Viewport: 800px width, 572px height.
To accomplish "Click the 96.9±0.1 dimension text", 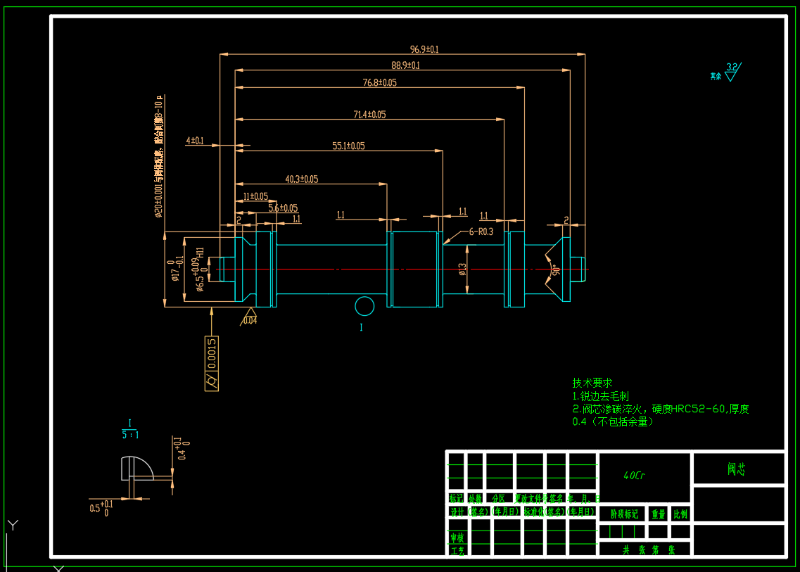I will point(424,49).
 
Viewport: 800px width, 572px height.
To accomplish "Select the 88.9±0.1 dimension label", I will point(405,65).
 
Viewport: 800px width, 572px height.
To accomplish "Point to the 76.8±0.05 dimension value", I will point(379,82).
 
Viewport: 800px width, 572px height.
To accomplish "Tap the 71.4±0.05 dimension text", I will point(369,114).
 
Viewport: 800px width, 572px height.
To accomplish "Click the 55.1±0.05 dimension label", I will point(348,146).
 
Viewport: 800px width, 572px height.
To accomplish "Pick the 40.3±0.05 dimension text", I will point(301,179).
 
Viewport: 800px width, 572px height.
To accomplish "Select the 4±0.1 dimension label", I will point(195,141).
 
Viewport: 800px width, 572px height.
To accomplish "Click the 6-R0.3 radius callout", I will point(481,231).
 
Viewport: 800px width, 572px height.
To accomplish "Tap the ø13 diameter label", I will point(462,269).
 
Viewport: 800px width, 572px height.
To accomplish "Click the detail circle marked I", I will point(364,307).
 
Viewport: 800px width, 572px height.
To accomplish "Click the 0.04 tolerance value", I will point(250,320).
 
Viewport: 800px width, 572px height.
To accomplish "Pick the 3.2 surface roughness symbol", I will point(732,71).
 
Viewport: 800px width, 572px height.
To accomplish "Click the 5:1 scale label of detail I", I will point(130,435).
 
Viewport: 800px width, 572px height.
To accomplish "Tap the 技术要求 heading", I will point(592,383).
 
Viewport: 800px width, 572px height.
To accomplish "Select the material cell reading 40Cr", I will point(634,476).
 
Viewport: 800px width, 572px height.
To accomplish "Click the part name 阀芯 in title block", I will point(737,469).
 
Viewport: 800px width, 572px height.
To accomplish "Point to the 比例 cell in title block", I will point(680,514).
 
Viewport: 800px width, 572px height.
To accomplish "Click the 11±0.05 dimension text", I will point(255,196).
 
